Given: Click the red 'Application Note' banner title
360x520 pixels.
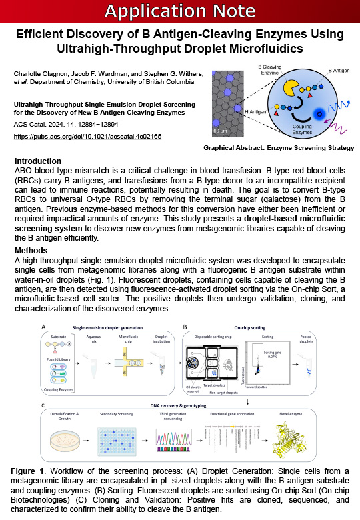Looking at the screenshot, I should pyautogui.click(x=180, y=11).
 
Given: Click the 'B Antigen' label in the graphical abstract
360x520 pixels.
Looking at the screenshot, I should pyautogui.click(x=340, y=71).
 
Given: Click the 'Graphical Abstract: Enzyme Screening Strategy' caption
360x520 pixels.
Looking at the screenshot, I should pyautogui.click(x=278, y=147).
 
